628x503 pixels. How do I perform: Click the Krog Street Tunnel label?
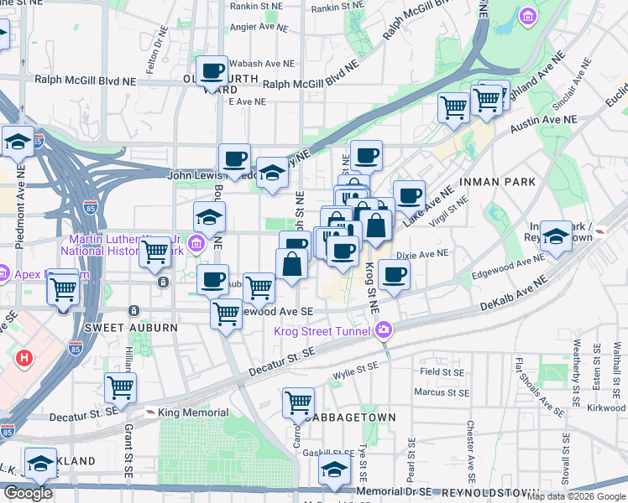pyautogui.click(x=324, y=330)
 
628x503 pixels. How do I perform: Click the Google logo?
pyautogui.click(x=28, y=493)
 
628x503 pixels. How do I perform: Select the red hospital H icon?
pyautogui.click(x=24, y=358)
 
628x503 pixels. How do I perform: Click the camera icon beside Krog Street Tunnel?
pyautogui.click(x=385, y=329)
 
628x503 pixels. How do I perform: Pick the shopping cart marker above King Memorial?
pyautogui.click(x=121, y=387)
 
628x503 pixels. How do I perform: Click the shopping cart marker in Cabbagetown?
pyautogui.click(x=298, y=403)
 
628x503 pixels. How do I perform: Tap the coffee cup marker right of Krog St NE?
pyautogui.click(x=394, y=273)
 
